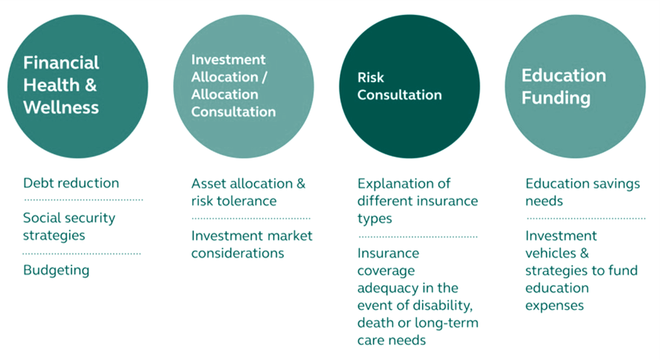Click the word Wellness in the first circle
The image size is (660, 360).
coord(61,107)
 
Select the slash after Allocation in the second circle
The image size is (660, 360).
coord(264,77)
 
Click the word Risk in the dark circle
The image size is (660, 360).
coord(370,78)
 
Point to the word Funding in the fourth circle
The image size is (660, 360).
coord(556,98)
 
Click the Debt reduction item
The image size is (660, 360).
coord(71,183)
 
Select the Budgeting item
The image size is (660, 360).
coord(56,271)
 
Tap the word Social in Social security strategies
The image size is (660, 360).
coord(40,218)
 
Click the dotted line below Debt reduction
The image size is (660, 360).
coord(84,200)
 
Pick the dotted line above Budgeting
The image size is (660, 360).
coord(81,254)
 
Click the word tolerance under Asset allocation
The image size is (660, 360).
coord(247,201)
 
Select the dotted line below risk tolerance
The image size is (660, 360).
coord(251,219)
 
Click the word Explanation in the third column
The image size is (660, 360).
coord(395,184)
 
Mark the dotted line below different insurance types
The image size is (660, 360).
coord(418,237)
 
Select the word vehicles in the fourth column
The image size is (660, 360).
coord(551,253)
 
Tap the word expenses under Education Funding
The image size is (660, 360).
coord(554,306)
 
